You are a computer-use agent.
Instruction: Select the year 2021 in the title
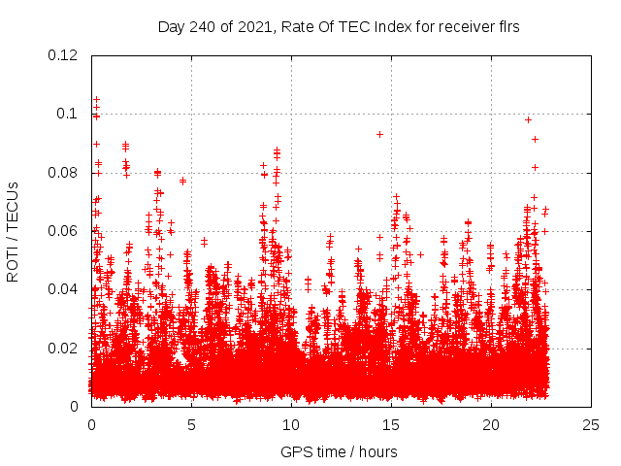pyautogui.click(x=258, y=27)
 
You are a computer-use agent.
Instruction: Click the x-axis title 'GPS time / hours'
pyautogui.click(x=339, y=451)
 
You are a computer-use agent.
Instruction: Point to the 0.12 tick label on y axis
pyautogui.click(x=64, y=55)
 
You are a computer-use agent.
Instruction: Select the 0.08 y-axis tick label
pyautogui.click(x=64, y=173)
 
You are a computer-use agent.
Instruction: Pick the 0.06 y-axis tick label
pyautogui.click(x=64, y=231)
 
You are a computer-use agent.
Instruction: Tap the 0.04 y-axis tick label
pyautogui.click(x=64, y=289)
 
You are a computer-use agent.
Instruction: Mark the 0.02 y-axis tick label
pyautogui.click(x=64, y=349)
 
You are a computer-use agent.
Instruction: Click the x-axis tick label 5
pyautogui.click(x=191, y=424)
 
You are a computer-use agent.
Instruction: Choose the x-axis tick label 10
pyautogui.click(x=291, y=424)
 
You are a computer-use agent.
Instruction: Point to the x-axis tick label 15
pyautogui.click(x=391, y=424)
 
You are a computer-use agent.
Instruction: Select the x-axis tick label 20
pyautogui.click(x=491, y=424)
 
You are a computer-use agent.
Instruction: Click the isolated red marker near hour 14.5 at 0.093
pyautogui.click(x=379, y=134)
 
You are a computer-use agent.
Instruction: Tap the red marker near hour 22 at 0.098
pyautogui.click(x=528, y=119)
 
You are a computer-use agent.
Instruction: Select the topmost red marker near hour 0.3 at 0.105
pyautogui.click(x=96, y=100)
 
